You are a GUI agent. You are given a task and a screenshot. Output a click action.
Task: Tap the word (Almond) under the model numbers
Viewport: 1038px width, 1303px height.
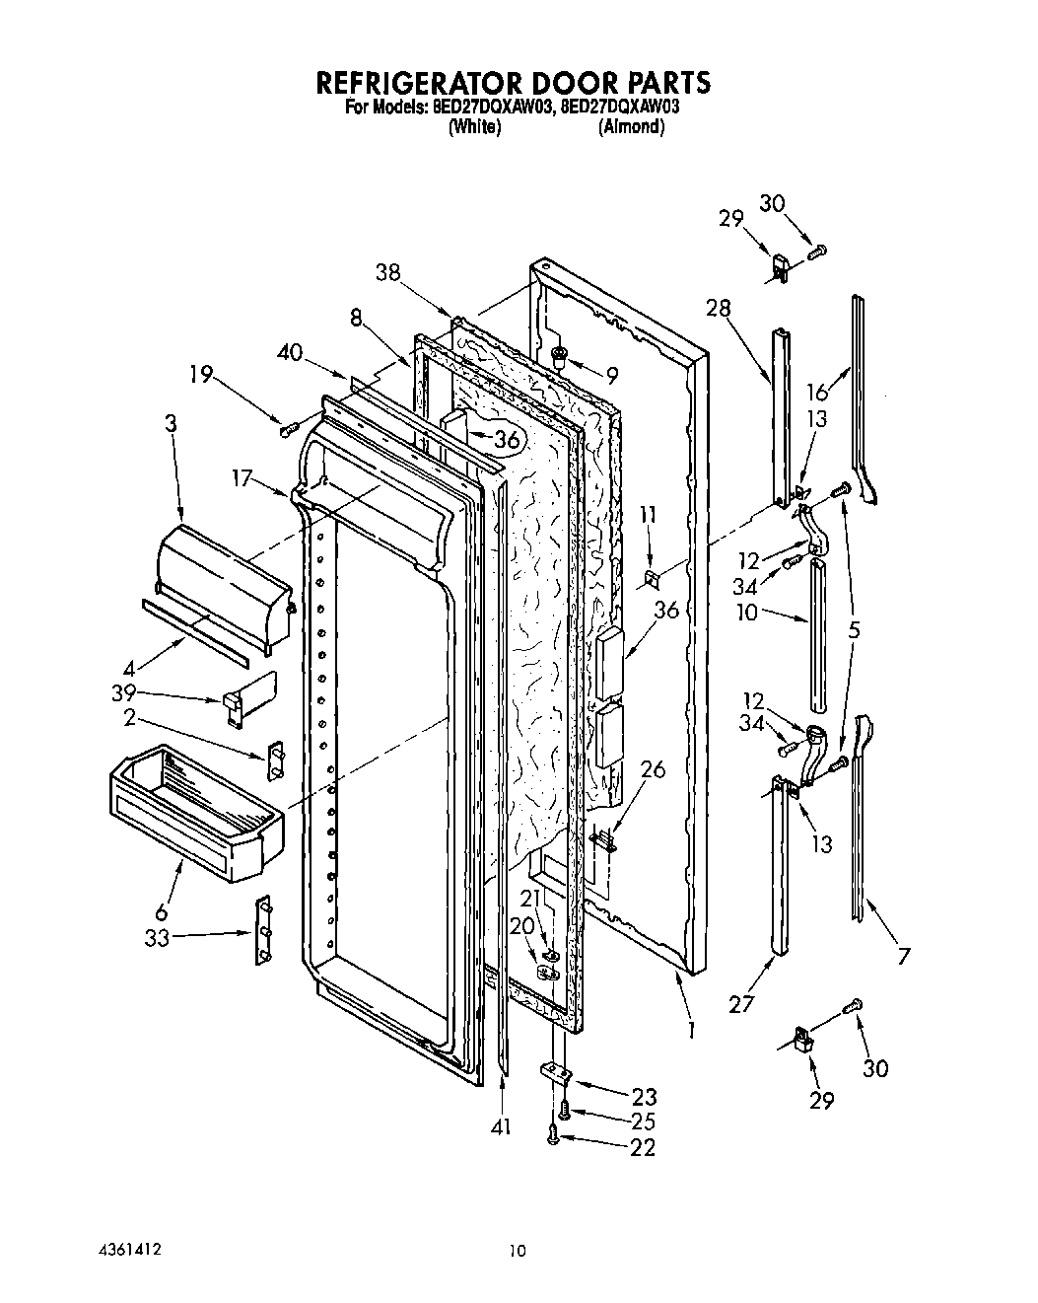click(631, 127)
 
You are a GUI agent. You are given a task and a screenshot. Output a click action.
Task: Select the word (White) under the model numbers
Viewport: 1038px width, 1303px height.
click(474, 127)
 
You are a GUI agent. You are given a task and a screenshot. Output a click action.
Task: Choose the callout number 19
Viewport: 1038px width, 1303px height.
click(201, 375)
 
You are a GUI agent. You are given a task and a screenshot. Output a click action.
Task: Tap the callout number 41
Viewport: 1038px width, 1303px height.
click(501, 1126)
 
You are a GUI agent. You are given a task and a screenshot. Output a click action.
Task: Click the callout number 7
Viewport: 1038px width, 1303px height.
click(904, 955)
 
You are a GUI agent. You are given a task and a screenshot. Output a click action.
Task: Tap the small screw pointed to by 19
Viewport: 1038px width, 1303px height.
click(288, 428)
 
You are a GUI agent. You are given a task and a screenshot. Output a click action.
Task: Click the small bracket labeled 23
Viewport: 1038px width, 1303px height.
click(555, 1069)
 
